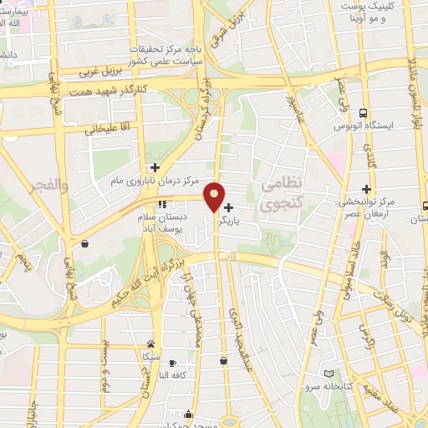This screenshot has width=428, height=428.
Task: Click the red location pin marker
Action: (x=214, y=196)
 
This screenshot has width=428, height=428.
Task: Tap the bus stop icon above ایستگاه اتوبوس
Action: (x=362, y=113)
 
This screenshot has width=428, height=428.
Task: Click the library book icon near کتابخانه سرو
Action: (x=329, y=374)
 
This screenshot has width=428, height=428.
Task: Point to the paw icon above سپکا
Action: (x=150, y=344)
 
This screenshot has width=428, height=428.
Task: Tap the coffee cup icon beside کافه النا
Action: (x=172, y=363)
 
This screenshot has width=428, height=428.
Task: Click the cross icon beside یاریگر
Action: (x=228, y=207)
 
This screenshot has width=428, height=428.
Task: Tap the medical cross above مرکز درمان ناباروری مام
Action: (x=155, y=167)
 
